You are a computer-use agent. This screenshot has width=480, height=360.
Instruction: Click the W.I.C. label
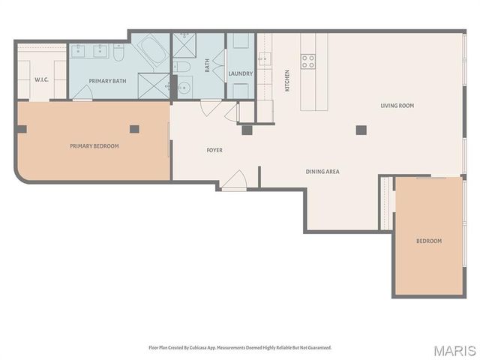coord(41,80)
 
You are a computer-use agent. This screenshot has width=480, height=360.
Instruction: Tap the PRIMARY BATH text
coord(108,80)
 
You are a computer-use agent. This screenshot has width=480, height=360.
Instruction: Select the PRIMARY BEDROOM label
coord(94,146)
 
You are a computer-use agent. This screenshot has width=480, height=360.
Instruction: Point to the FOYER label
coord(214,151)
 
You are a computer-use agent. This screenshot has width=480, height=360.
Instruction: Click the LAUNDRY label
coord(241,73)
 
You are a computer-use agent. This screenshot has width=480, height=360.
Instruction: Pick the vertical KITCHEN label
coord(286,80)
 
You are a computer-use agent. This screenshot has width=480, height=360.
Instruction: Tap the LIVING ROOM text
coord(397,106)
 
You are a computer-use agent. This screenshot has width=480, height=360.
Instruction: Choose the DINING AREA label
coord(322,172)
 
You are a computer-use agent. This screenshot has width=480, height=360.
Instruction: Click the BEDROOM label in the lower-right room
coord(429,241)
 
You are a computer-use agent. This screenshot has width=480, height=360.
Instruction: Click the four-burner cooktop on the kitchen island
coord(308,61)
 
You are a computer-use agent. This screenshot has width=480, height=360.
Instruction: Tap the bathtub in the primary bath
coord(154,53)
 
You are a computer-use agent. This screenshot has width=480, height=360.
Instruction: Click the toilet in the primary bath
coord(120,53)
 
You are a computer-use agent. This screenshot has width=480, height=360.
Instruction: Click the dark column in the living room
coord(361,130)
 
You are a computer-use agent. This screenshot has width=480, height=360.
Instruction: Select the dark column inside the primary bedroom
coord(134,129)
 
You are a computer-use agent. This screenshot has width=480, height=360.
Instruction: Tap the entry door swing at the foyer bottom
coord(235,181)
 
